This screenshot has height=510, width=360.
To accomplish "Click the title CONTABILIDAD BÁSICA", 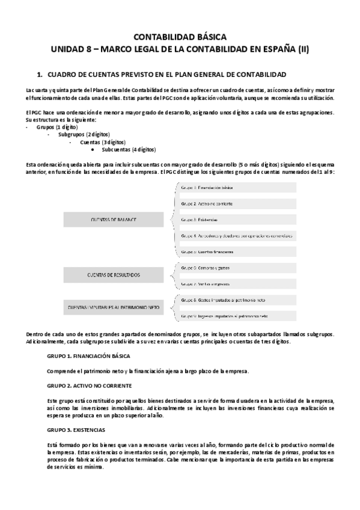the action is (180, 37).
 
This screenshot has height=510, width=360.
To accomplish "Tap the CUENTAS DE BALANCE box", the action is (114, 220).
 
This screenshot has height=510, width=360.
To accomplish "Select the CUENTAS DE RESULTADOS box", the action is (114, 274).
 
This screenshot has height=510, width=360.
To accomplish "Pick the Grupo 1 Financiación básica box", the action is (239, 188).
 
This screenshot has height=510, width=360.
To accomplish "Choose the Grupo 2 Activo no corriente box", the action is (239, 204).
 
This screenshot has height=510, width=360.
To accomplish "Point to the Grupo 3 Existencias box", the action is (239, 220).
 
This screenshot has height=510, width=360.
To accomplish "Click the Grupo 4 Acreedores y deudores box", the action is (239, 235).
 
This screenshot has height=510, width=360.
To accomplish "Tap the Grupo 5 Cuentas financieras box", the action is (239, 251).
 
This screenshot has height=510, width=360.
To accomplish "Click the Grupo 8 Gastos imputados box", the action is (239, 300).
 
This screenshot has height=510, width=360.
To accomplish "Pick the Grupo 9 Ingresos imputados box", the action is (239, 315).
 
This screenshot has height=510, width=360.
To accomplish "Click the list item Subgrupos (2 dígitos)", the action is (84, 135).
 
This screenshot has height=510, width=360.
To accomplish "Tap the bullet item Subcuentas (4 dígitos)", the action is (129, 149).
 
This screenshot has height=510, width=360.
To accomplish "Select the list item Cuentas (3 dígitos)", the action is (102, 142).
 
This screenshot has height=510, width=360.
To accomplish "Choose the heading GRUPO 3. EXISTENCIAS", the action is (76, 430).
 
